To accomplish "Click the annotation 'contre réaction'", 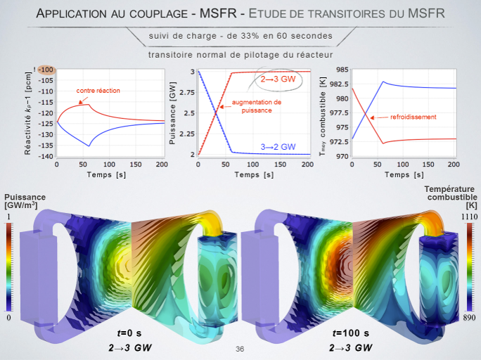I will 98,91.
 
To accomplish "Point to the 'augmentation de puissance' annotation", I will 256,106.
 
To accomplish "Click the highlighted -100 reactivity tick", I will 46,70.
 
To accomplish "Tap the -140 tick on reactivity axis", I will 46,155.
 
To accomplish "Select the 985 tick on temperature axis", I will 321,70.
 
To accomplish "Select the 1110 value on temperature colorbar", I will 469,217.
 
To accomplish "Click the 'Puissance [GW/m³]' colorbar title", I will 25,201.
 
